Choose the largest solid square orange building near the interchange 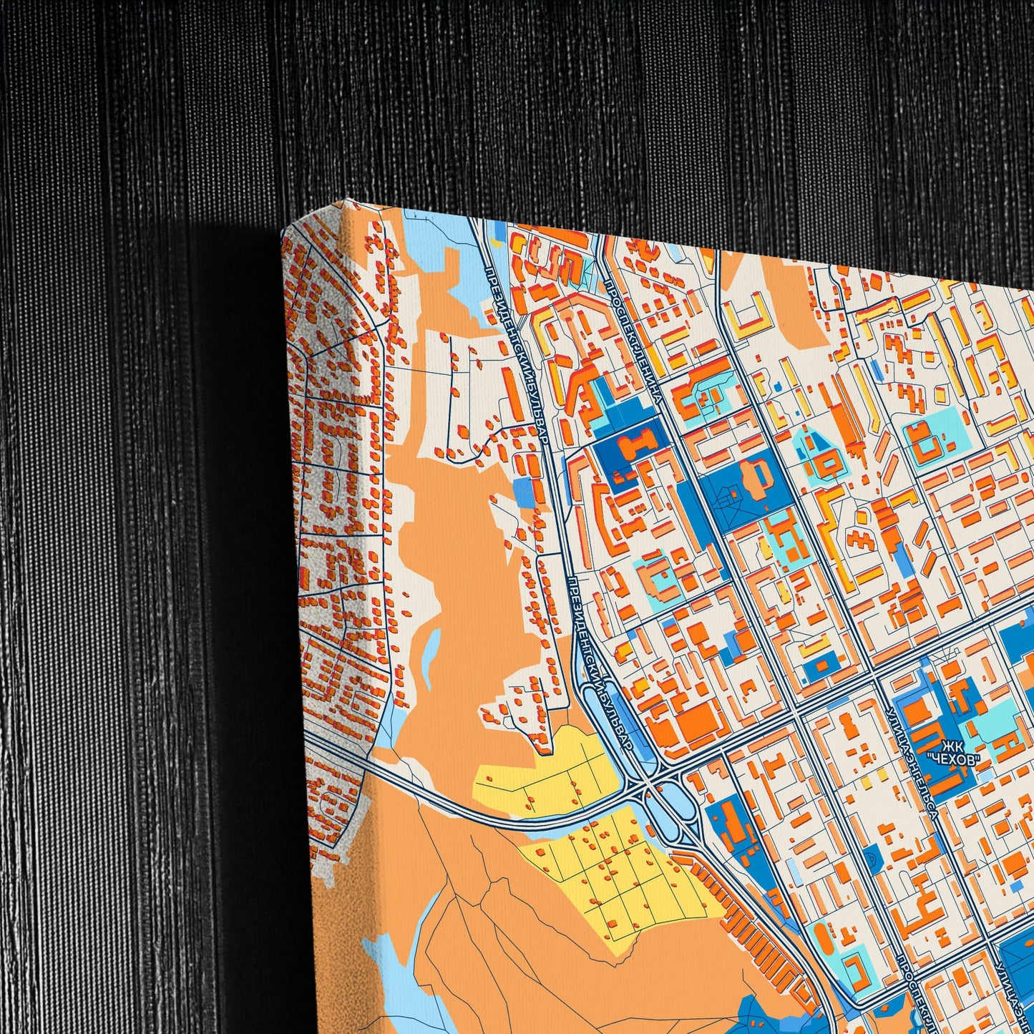point(693,723)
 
